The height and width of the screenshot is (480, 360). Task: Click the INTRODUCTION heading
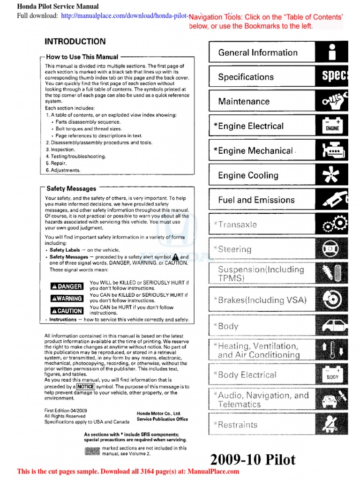[75, 42]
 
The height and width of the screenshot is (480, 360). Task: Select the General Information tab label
[258, 52]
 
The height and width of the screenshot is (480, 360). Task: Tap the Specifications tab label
[246, 77]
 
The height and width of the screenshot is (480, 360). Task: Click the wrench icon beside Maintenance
[335, 101]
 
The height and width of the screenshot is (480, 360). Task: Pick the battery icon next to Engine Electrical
[332, 126]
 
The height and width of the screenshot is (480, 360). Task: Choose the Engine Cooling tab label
[248, 175]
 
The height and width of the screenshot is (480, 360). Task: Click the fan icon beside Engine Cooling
[335, 175]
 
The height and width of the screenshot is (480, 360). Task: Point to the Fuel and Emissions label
[256, 200]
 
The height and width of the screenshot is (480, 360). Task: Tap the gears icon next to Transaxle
[335, 225]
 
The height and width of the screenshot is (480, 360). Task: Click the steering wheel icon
[335, 249]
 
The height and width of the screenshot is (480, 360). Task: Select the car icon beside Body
[335, 326]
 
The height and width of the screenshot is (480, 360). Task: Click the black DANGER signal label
[67, 286]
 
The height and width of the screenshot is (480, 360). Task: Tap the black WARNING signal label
[67, 299]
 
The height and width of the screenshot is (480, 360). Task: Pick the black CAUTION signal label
[67, 311]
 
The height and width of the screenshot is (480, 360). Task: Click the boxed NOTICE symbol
[86, 387]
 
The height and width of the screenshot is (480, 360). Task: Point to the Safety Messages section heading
[71, 188]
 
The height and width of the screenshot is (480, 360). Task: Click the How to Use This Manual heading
[82, 57]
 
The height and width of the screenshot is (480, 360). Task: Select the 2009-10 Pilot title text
[253, 459]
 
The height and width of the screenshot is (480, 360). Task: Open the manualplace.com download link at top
[125, 15]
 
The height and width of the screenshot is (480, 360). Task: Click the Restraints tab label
[238, 425]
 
